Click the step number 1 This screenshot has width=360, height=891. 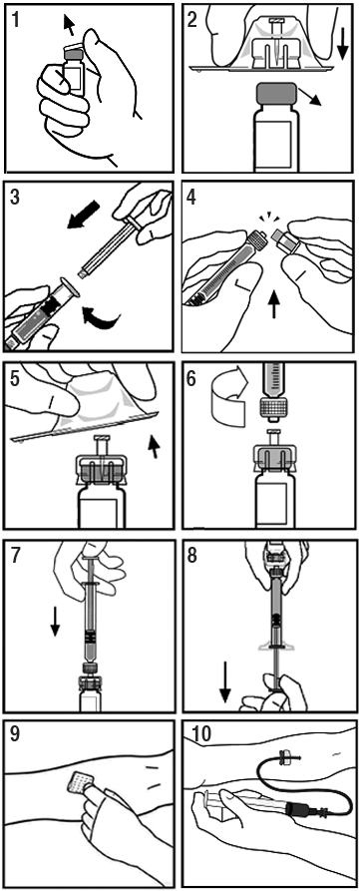point(15,21)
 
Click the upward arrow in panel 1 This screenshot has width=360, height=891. point(68,25)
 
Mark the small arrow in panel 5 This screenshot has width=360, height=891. point(154,447)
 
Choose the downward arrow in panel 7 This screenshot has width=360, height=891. point(55,621)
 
